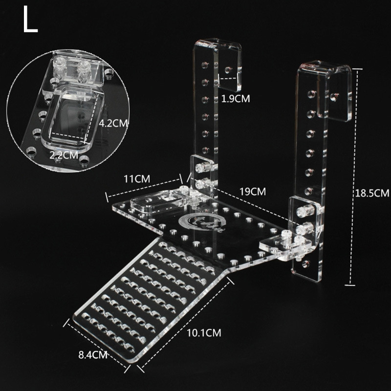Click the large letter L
click(30, 19)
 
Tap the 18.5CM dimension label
click(372, 193)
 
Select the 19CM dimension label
click(253, 192)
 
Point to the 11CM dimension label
click(137, 178)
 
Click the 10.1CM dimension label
click(204, 333)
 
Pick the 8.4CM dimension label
click(93, 355)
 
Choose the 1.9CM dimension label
click(236, 99)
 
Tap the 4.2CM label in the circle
click(113, 123)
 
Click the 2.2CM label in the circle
click(64, 155)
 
